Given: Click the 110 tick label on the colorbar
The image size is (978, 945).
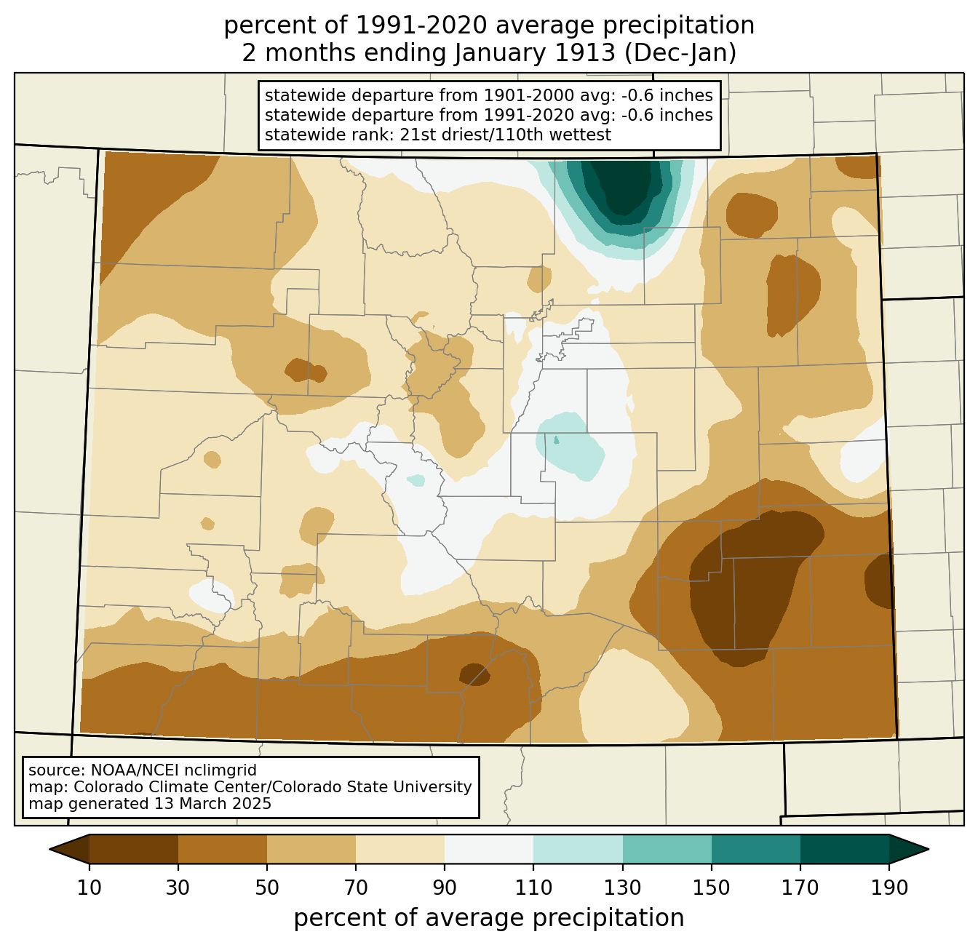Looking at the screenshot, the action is (x=533, y=888).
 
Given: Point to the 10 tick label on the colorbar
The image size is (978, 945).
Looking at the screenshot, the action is (x=89, y=888).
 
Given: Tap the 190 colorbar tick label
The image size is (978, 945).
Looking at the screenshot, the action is (x=889, y=888).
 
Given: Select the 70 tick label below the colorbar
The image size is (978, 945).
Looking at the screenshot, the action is (x=356, y=888).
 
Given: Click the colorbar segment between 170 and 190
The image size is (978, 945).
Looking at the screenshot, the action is (x=844, y=849).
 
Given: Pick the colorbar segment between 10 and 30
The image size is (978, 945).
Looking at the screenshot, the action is (x=134, y=849).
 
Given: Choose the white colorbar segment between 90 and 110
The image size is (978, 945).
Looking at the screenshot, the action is (x=489, y=849).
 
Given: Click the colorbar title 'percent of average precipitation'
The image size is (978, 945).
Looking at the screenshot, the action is (x=488, y=917).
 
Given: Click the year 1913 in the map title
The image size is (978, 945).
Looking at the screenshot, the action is (x=584, y=53).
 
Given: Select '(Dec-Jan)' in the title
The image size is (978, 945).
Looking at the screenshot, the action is (x=680, y=53).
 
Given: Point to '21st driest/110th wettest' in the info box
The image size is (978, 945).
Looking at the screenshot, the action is (x=505, y=135).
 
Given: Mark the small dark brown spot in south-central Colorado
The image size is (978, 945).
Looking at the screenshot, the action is (x=474, y=674).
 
